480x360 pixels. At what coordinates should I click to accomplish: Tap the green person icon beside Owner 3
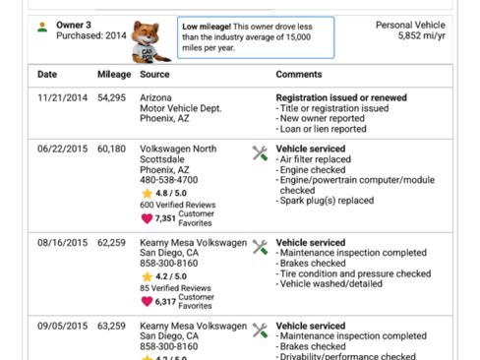(x=42, y=27)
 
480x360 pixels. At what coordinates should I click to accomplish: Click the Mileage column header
(x=113, y=75)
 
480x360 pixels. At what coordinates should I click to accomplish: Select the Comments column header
(x=299, y=75)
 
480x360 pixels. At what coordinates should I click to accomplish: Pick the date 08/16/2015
(x=62, y=241)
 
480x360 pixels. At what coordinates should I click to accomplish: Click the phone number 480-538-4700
(x=168, y=181)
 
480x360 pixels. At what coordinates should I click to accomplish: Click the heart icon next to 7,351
(x=147, y=218)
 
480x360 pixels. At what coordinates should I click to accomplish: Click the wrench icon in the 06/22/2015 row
(x=260, y=152)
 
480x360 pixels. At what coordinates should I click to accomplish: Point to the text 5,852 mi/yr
(x=423, y=35)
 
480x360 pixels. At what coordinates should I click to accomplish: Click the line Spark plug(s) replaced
(x=328, y=201)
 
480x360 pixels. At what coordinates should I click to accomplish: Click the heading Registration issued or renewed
(x=341, y=98)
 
